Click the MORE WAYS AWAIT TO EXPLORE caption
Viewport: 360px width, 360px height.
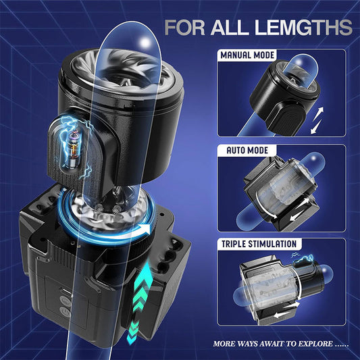click(x=280, y=343)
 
